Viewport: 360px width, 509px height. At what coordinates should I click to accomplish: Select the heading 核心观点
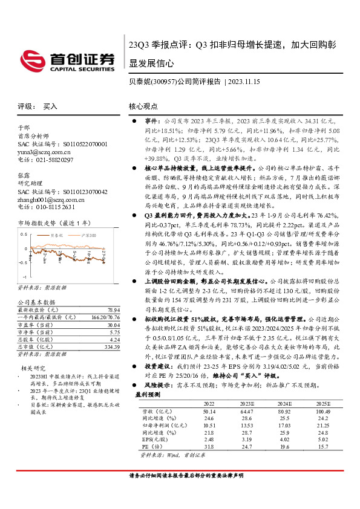143,106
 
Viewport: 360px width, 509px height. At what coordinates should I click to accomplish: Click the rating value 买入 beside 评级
50,106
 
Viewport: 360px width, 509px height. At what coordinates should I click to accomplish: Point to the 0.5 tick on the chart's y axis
24,233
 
